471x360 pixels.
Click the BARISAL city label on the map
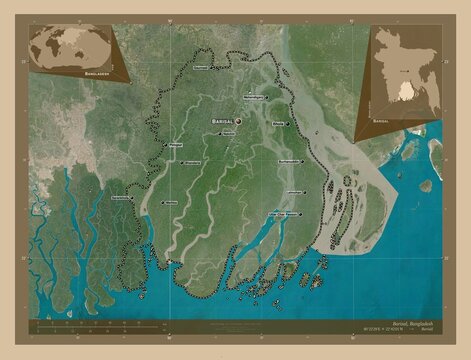(x=221, y=119)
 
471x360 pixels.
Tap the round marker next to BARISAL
(x=239, y=119)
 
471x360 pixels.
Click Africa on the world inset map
(x=54, y=46)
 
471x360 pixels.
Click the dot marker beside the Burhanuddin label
(x=275, y=161)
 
